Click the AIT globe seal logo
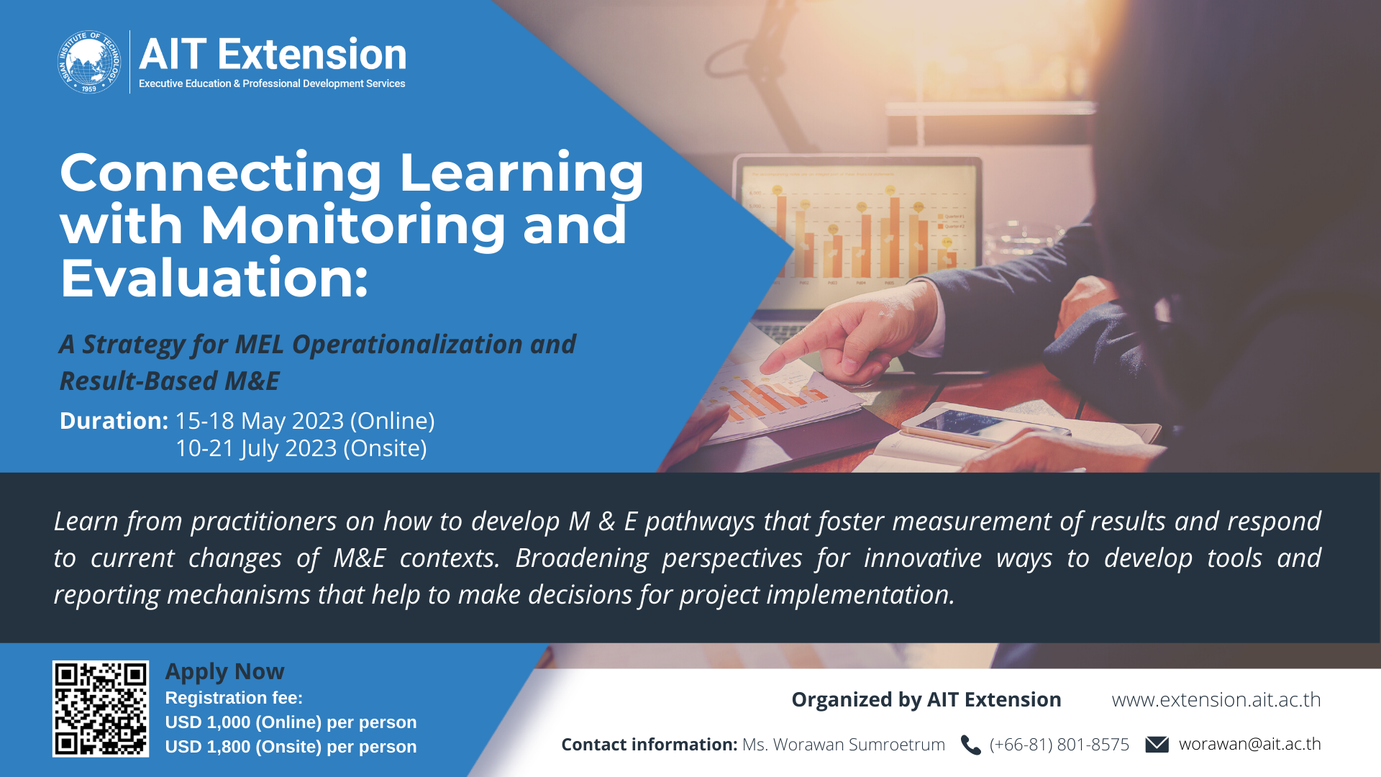pos(89,62)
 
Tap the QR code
pos(101,709)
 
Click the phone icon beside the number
pos(971,745)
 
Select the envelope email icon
pos(1157,744)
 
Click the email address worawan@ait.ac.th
pos(1250,744)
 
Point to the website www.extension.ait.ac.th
pos(1216,699)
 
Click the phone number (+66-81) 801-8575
pos(1059,745)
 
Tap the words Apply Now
pos(225,672)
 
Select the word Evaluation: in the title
pos(214,278)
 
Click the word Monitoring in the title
pos(352,225)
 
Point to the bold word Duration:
pos(114,421)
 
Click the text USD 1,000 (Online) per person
pos(291,722)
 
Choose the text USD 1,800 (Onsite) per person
pos(291,747)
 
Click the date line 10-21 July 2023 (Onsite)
pos(301,448)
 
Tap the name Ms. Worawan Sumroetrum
pos(844,745)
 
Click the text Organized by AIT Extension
pos(926,700)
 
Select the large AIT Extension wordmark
pos(273,54)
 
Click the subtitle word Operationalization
pos(407,345)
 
